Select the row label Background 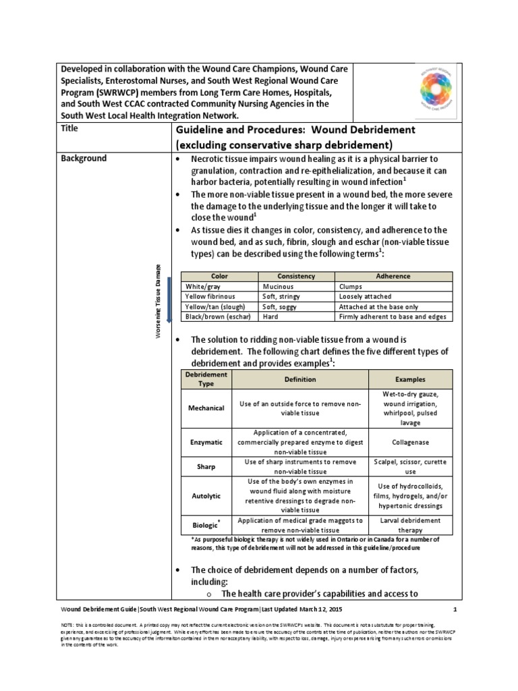coord(84,159)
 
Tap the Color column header coord(220,277)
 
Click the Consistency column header coord(296,277)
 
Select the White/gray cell coord(202,287)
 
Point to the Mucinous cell coord(278,287)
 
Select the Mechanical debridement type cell coord(206,409)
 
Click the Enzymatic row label coord(206,442)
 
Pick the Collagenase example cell coord(410,442)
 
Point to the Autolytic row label coord(206,496)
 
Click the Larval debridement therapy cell coord(410,526)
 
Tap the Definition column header coord(299,379)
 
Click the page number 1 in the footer coord(455,610)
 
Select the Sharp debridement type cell coord(206,467)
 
